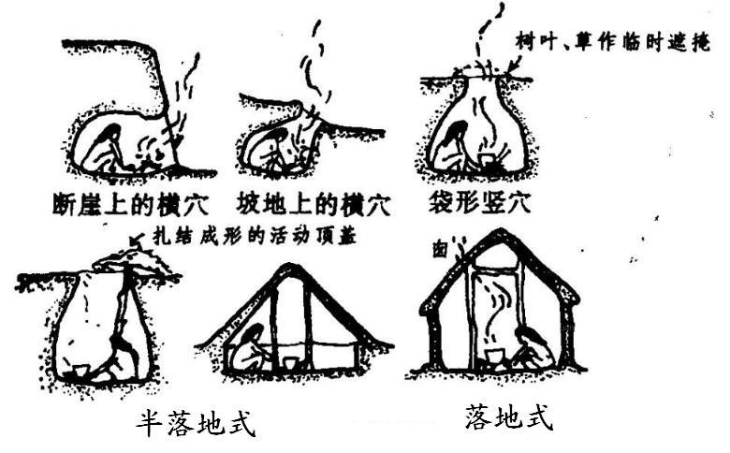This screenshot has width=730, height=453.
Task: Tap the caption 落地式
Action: pyautogui.click(x=508, y=417)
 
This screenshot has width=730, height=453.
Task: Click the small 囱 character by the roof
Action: pyautogui.click(x=439, y=250)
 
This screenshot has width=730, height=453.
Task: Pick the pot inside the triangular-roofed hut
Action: pyautogui.click(x=290, y=361)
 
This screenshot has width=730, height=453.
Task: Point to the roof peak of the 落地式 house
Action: pyautogui.click(x=496, y=234)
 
